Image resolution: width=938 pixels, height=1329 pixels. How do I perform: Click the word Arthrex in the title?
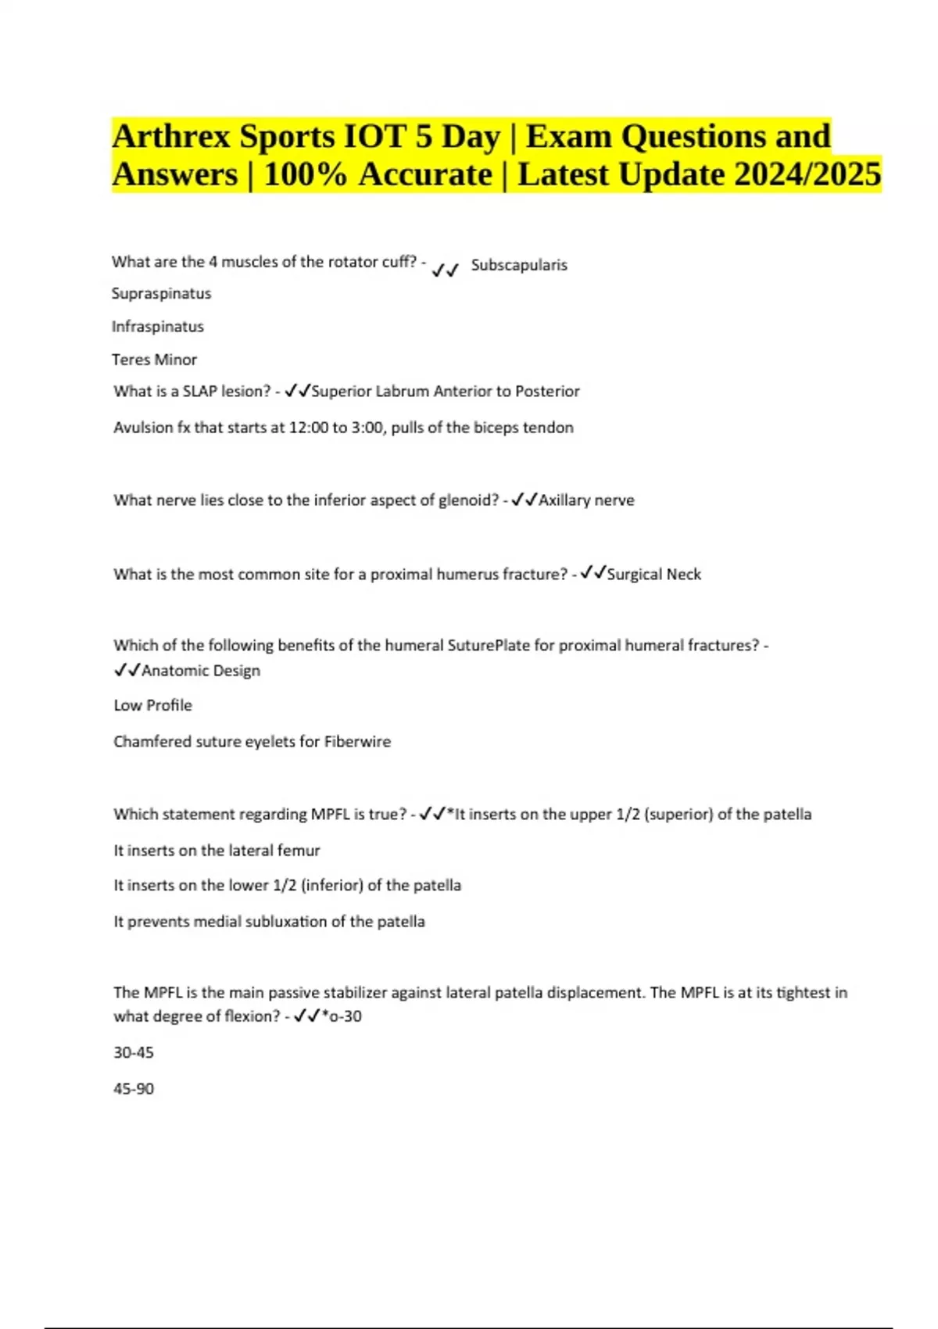click(x=171, y=137)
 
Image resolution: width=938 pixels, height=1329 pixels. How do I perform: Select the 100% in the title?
click(x=305, y=174)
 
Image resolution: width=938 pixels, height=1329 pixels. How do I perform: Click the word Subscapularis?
click(x=519, y=265)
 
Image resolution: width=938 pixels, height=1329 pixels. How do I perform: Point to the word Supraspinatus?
click(x=161, y=294)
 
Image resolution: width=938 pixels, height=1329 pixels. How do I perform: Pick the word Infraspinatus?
click(x=157, y=327)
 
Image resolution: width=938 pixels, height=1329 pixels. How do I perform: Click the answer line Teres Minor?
click(x=154, y=360)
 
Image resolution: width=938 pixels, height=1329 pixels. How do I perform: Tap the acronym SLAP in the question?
click(x=202, y=391)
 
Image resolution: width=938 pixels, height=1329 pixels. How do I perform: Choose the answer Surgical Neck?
click(x=653, y=575)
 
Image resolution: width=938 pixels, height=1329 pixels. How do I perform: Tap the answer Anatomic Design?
click(x=201, y=671)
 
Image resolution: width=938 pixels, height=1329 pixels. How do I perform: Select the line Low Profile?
click(x=152, y=705)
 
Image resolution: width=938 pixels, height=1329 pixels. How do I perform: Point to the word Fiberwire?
click(x=357, y=742)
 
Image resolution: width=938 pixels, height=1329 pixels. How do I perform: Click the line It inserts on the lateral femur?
click(x=217, y=851)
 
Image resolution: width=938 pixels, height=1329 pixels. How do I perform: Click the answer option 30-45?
click(x=134, y=1053)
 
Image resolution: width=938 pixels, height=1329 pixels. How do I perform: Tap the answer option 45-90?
click(x=134, y=1089)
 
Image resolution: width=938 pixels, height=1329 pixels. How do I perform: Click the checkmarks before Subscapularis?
click(x=445, y=270)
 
